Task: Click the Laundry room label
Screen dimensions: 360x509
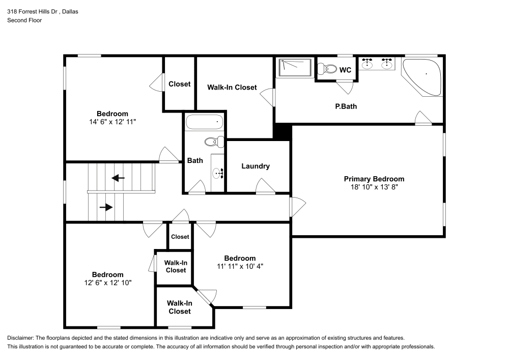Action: click(256, 166)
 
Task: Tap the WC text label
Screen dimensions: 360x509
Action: click(345, 70)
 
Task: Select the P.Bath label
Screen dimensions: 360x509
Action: click(345, 106)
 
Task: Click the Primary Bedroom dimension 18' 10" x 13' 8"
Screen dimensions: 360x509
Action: click(374, 187)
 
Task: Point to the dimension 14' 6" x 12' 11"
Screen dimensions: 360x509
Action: click(112, 122)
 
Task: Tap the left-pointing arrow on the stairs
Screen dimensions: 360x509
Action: click(118, 178)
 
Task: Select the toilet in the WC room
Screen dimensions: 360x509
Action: click(328, 69)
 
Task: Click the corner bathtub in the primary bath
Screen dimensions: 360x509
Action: click(423, 76)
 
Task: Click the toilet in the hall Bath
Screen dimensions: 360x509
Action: click(212, 142)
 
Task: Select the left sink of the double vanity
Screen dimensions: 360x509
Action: click(367, 64)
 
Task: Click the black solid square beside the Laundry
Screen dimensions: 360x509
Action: click(282, 131)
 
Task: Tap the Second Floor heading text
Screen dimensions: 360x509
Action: click(24, 20)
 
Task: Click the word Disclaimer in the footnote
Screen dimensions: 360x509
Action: click(20, 338)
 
